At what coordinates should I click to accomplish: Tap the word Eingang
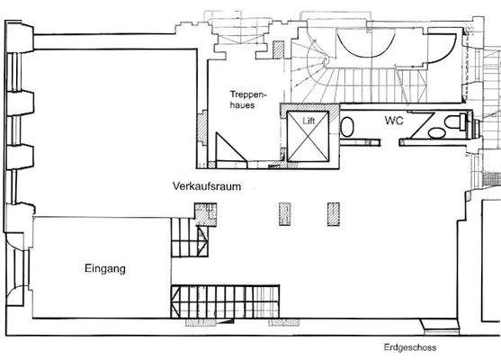pyautogui.click(x=103, y=267)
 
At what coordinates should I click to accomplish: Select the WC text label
pyautogui.click(x=393, y=120)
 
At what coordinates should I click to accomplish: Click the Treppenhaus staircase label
pyautogui.click(x=245, y=98)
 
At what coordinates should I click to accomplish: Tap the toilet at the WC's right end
pyautogui.click(x=461, y=123)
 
